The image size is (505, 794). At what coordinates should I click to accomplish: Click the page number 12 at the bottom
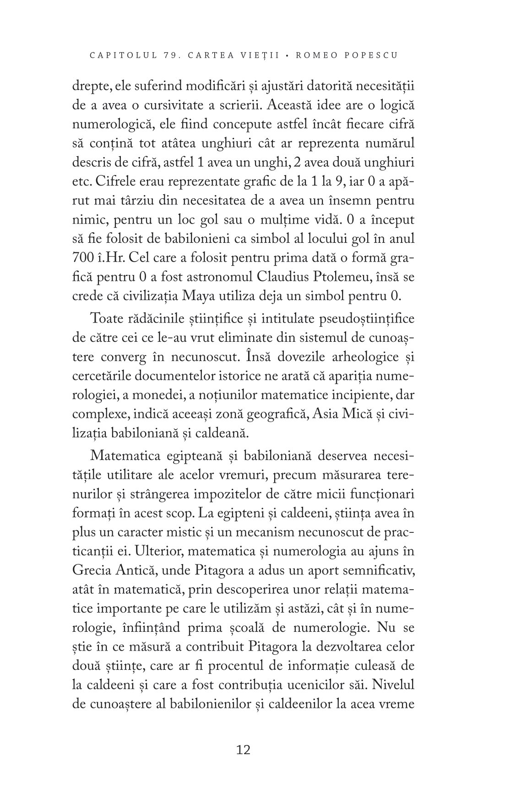243,750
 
